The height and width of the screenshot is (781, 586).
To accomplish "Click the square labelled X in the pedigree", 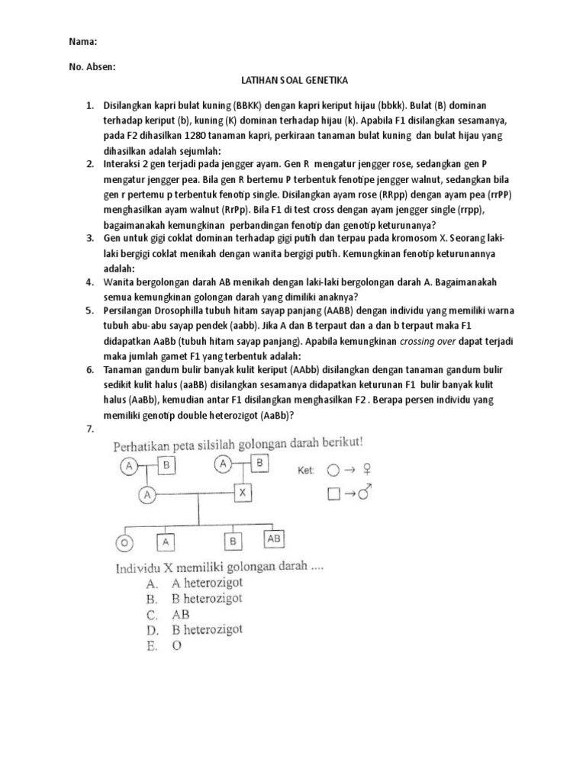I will click(x=242, y=492).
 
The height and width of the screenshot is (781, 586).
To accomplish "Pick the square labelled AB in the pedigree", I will click(x=275, y=539).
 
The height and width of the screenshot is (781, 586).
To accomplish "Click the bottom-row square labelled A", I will click(x=167, y=542).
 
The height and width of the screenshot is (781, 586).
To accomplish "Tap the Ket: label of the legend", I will click(x=308, y=471).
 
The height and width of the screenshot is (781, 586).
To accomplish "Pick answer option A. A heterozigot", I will click(x=190, y=584).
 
